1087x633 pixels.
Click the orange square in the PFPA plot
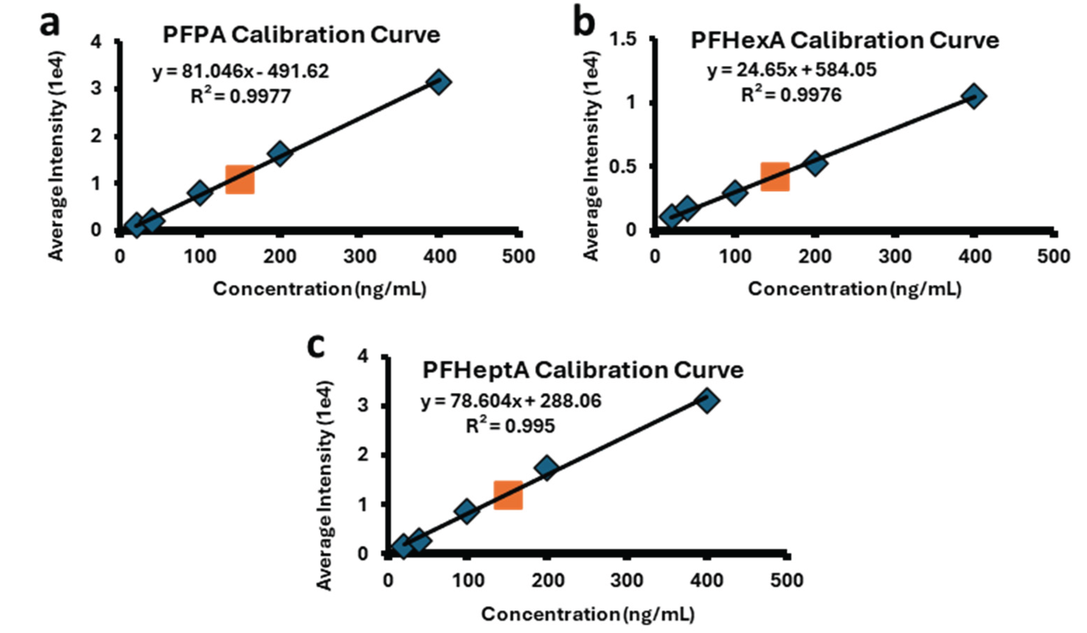click(240, 179)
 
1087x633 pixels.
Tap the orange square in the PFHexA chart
click(775, 177)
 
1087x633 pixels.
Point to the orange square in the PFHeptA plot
click(508, 495)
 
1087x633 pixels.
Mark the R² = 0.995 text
click(510, 426)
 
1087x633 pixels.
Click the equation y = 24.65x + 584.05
click(792, 70)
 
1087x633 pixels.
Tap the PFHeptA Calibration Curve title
click(583, 371)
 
